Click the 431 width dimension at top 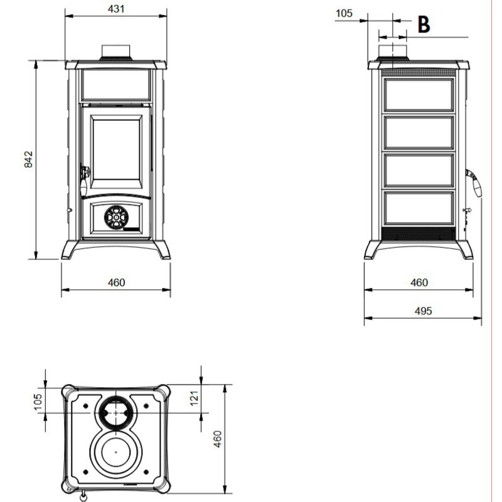(116, 9)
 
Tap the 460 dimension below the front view (116, 282)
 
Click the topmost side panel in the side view (419, 95)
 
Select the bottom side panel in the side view (419, 209)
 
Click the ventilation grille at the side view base (419, 233)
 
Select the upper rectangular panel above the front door (116, 84)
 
